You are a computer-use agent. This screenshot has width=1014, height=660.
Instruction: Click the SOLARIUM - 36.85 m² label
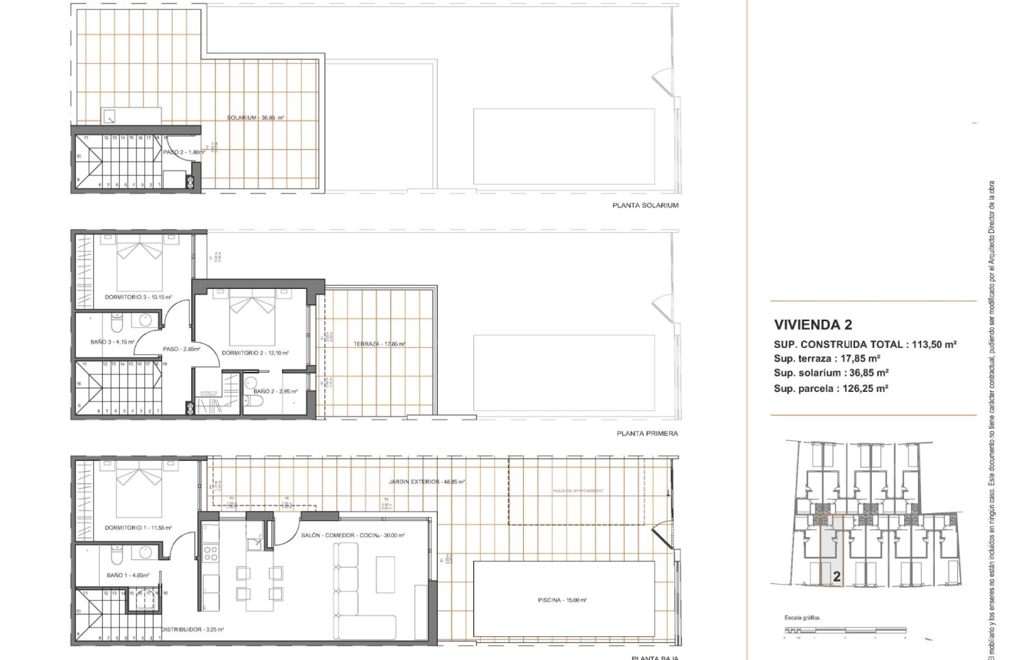click(x=256, y=118)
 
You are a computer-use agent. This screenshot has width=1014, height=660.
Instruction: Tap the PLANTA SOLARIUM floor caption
click(x=645, y=205)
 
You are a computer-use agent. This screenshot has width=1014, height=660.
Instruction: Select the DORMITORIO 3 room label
click(x=138, y=297)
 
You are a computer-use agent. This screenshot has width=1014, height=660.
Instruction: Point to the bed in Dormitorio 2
click(x=253, y=317)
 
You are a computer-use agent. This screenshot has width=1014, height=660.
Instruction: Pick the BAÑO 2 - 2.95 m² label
click(x=275, y=391)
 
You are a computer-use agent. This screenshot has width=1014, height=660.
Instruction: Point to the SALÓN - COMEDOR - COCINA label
click(x=353, y=536)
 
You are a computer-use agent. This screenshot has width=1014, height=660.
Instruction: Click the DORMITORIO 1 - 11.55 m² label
click(x=138, y=528)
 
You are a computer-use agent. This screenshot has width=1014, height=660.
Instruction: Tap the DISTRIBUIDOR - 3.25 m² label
click(x=192, y=629)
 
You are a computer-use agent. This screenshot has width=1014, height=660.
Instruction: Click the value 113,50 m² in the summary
click(x=933, y=344)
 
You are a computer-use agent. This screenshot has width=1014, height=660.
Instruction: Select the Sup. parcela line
click(x=830, y=388)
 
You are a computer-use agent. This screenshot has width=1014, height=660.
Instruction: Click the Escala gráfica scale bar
click(x=845, y=630)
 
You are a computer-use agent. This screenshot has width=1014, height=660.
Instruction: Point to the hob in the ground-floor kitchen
click(x=210, y=552)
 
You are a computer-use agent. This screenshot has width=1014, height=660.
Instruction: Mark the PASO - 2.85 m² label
click(x=181, y=350)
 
